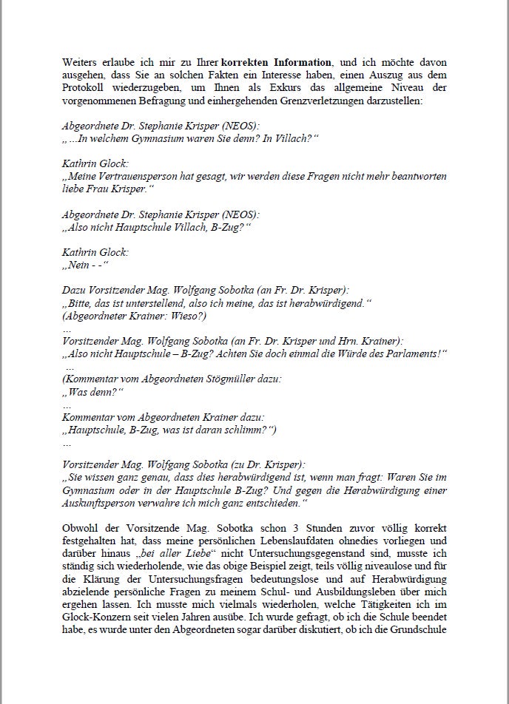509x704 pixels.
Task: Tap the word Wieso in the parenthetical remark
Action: point(189,316)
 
